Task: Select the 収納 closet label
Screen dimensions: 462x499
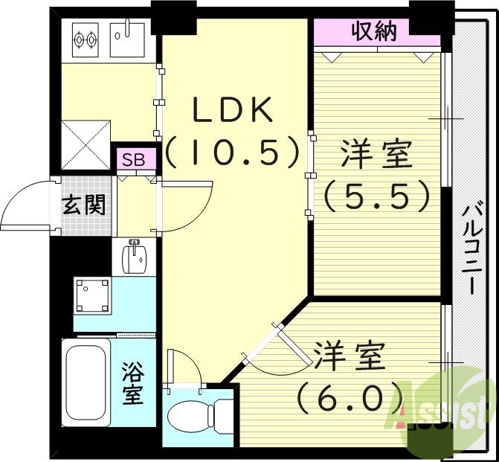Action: point(373,31)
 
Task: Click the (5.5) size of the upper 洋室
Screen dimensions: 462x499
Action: point(376,196)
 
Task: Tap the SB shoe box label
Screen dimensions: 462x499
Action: point(134,159)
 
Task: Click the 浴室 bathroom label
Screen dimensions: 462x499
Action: point(132,383)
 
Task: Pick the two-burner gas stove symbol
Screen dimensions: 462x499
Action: point(85,38)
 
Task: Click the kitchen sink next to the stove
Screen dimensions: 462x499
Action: point(129,38)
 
